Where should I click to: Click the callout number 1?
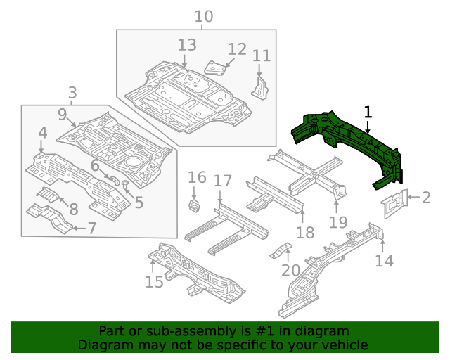tap(367, 112)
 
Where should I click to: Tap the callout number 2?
tap(426, 198)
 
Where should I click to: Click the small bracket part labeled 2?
tap(394, 202)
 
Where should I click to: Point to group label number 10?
tap(203, 16)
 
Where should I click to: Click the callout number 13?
tap(186, 45)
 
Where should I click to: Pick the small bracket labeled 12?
tap(215, 67)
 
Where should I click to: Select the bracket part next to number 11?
tap(260, 86)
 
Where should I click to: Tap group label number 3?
tap(72, 92)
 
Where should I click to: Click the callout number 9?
tap(63, 114)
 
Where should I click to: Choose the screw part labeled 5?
tap(125, 185)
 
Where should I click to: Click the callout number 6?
tap(95, 166)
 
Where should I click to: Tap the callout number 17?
tap(222, 181)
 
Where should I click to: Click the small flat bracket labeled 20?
tap(283, 251)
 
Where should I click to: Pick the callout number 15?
tap(155, 282)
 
